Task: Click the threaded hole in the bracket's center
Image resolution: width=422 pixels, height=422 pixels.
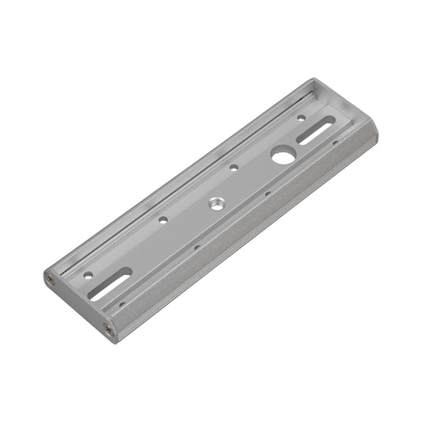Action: click(x=216, y=203)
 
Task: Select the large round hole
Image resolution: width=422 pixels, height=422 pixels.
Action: click(x=281, y=156)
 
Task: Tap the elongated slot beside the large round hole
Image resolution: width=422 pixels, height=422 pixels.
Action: click(x=314, y=132)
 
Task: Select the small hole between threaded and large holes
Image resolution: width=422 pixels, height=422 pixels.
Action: click(x=234, y=167)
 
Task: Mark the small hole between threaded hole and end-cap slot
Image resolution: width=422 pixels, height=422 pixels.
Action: click(x=162, y=220)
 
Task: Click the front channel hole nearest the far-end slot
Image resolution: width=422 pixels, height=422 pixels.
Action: click(x=336, y=143)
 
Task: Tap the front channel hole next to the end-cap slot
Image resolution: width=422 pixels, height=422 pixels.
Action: click(x=121, y=302)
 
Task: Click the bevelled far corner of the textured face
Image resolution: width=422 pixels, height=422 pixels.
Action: click(x=367, y=135)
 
